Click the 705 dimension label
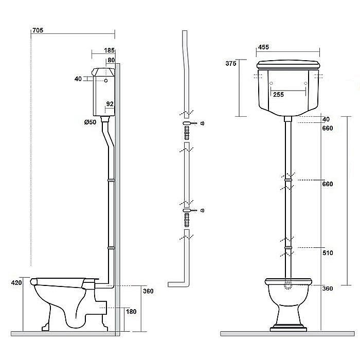pos(38,30)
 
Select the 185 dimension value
pos(109,50)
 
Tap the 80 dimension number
pos(111,60)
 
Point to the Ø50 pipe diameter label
pos(90,122)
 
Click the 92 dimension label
pos(110,104)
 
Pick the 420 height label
pos(16,283)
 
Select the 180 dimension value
pos(131,312)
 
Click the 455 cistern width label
pos(263,47)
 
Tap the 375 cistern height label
pos(231,63)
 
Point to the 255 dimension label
pos(279,95)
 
